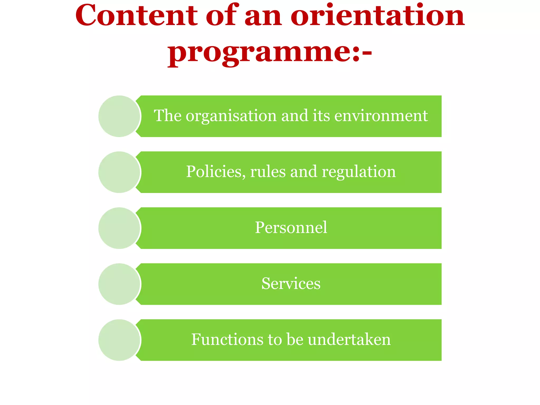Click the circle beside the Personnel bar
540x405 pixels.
[119, 228]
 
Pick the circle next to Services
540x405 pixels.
[119, 284]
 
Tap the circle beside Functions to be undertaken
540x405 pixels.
[119, 340]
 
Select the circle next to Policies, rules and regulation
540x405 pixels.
[119, 172]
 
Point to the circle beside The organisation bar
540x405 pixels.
[119, 116]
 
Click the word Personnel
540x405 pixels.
[291, 228]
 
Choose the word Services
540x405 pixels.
[291, 283]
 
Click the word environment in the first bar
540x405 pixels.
[381, 116]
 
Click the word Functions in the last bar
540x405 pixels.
[227, 339]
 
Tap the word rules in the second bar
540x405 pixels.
[268, 172]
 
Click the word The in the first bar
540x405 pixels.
[168, 116]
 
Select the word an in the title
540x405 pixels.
[263, 16]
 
